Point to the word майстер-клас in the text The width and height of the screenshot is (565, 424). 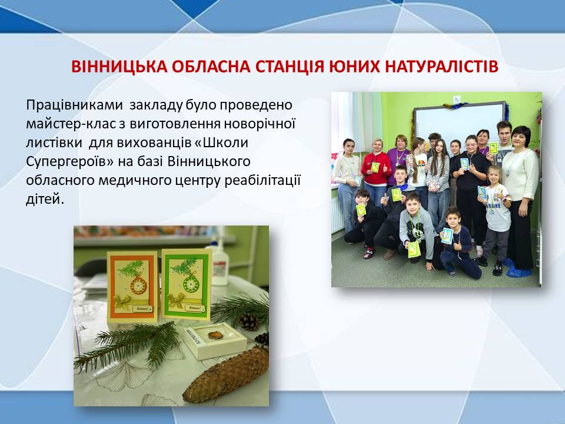[70, 124]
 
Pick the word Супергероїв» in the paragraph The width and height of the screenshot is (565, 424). [69, 161]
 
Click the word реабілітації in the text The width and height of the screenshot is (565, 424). [262, 180]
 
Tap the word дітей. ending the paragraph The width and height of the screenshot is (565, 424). [45, 199]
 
